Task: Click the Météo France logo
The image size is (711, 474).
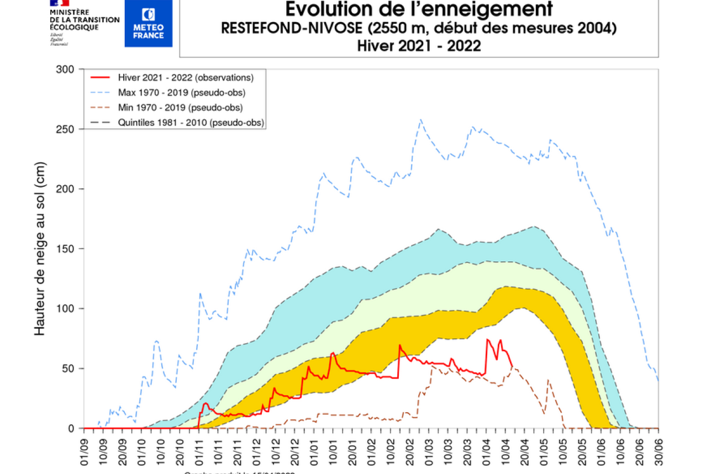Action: [148, 23]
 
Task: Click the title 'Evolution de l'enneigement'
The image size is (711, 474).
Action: [418, 9]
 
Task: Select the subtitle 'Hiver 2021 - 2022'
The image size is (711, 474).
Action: [418, 46]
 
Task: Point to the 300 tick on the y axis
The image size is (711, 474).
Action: [67, 69]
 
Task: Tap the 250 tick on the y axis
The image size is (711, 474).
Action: [67, 129]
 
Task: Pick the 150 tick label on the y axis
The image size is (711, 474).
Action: [67, 249]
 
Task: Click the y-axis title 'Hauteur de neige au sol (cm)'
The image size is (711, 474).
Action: [40, 249]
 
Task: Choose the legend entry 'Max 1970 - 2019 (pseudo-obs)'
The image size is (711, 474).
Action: [182, 92]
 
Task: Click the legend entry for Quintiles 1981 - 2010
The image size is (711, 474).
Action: [191, 123]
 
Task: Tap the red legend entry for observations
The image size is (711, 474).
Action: [186, 77]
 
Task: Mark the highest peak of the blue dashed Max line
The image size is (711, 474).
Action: [420, 119]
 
